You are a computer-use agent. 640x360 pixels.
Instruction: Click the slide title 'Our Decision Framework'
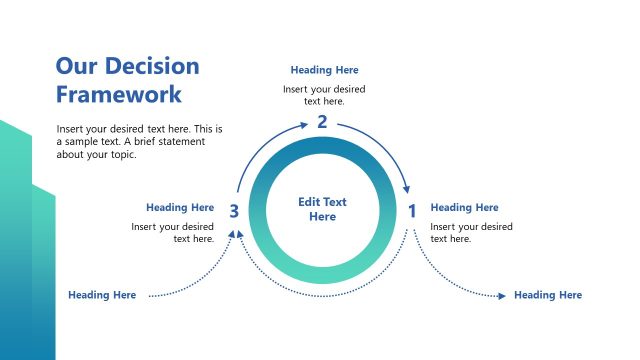127,80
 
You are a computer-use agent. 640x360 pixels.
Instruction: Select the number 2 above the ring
322,122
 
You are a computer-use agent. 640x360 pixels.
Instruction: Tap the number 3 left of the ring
233,211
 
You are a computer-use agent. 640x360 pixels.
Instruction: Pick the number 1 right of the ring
411,211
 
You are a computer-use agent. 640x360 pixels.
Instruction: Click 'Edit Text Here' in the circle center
322,209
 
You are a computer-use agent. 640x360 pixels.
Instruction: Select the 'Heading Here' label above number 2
324,70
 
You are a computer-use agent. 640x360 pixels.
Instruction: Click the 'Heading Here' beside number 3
180,208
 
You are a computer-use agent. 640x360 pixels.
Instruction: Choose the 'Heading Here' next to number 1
464,208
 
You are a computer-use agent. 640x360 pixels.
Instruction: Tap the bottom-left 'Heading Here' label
102,295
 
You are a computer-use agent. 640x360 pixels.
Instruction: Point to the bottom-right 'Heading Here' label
547,295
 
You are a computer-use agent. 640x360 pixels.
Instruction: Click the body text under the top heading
324,95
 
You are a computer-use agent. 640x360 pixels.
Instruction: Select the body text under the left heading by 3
173,233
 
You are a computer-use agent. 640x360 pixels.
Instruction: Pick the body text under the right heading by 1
471,233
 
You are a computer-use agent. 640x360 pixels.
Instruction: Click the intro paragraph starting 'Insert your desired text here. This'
139,141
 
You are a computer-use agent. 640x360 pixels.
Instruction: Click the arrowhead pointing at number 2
304,124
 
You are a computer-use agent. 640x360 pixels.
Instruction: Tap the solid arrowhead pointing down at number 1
407,190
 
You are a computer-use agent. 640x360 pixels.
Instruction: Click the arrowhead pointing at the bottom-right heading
501,295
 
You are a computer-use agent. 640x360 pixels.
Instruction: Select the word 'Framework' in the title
119,95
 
